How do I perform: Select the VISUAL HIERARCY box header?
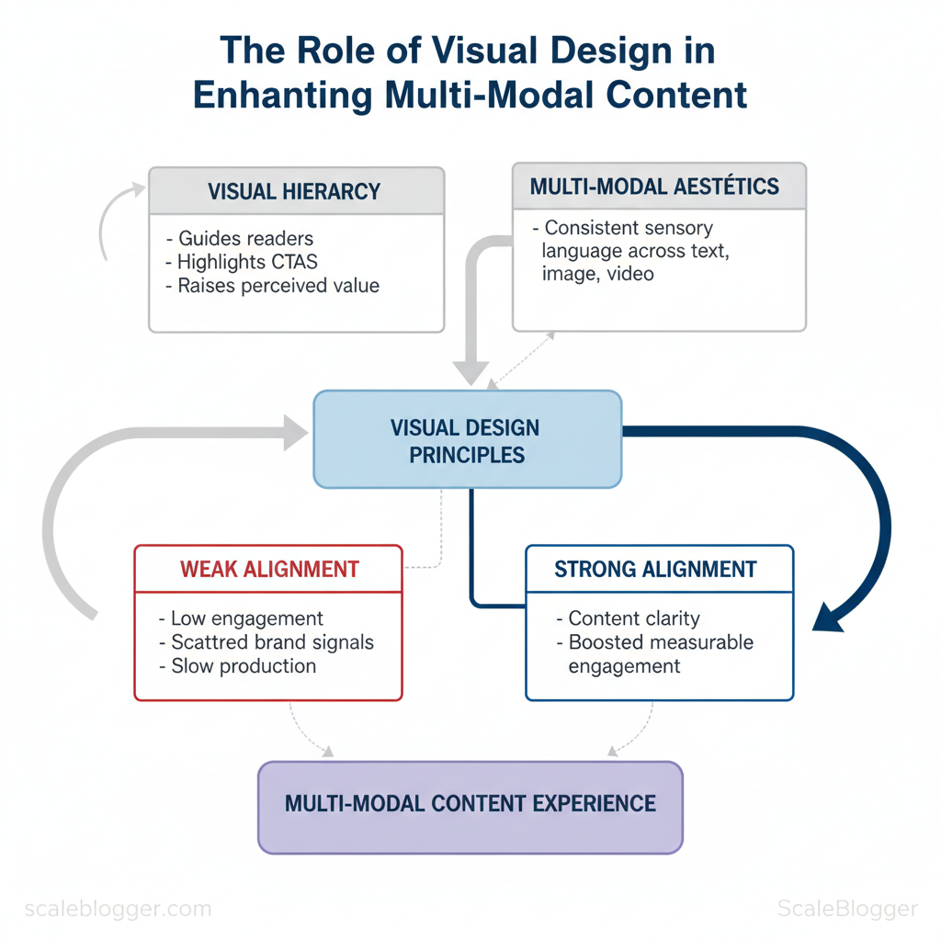pyautogui.click(x=295, y=191)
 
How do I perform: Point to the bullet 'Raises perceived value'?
pyautogui.click(x=272, y=285)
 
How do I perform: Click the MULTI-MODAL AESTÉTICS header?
pyautogui.click(x=654, y=187)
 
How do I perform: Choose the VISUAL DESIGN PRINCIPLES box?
pyautogui.click(x=467, y=440)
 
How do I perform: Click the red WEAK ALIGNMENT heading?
pyautogui.click(x=269, y=569)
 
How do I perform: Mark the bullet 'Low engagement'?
pyautogui.click(x=241, y=618)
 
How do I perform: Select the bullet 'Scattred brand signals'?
pyautogui.click(x=266, y=641)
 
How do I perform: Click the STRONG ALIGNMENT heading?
pyautogui.click(x=655, y=570)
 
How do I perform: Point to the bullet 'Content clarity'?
pyautogui.click(x=628, y=618)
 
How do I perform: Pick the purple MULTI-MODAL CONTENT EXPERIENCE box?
pyautogui.click(x=470, y=804)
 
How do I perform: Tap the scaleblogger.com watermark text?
pyautogui.click(x=118, y=910)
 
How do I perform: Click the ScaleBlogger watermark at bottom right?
pyautogui.click(x=846, y=910)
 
